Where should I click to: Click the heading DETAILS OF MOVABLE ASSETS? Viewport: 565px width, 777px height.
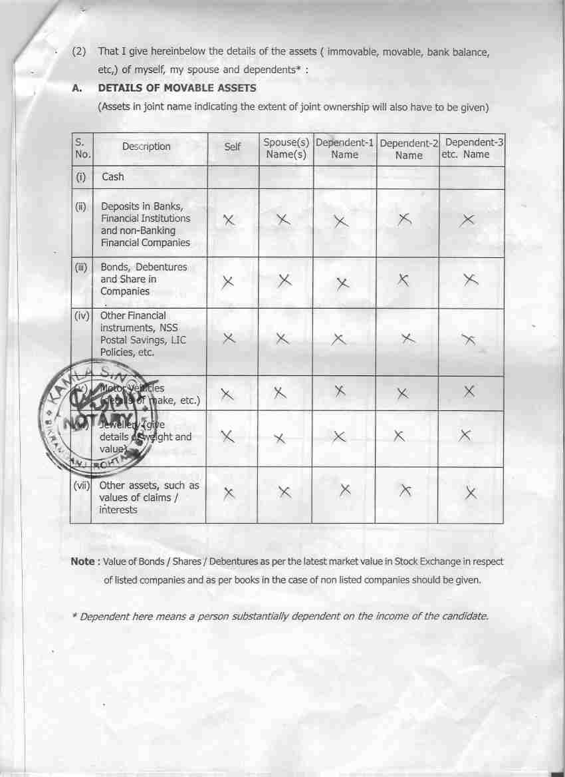pos(177,88)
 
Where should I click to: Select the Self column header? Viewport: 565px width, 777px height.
pos(232,146)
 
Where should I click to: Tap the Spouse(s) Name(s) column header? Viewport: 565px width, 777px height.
pos(286,148)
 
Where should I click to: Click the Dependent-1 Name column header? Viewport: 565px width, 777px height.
pos(344,148)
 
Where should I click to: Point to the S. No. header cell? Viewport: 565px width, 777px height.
pos(81,148)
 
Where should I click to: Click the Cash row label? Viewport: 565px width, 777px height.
pos(113,177)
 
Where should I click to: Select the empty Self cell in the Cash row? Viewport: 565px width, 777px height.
pos(232,177)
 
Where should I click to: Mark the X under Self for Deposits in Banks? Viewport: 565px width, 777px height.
pos(229,220)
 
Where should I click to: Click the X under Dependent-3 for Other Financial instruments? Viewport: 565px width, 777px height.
pos(469,340)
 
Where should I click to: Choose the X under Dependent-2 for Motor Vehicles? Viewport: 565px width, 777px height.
pos(401,394)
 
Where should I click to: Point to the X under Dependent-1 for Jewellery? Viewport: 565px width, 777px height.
pos(339,437)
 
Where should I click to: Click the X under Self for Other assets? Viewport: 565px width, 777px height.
pos(229,493)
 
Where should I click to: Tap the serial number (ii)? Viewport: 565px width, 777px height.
pos(81,206)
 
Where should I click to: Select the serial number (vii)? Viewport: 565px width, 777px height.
pos(82,485)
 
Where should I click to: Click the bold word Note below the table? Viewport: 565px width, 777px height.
pos(82,561)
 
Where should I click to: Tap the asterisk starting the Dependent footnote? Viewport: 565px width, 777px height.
pos(74,616)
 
